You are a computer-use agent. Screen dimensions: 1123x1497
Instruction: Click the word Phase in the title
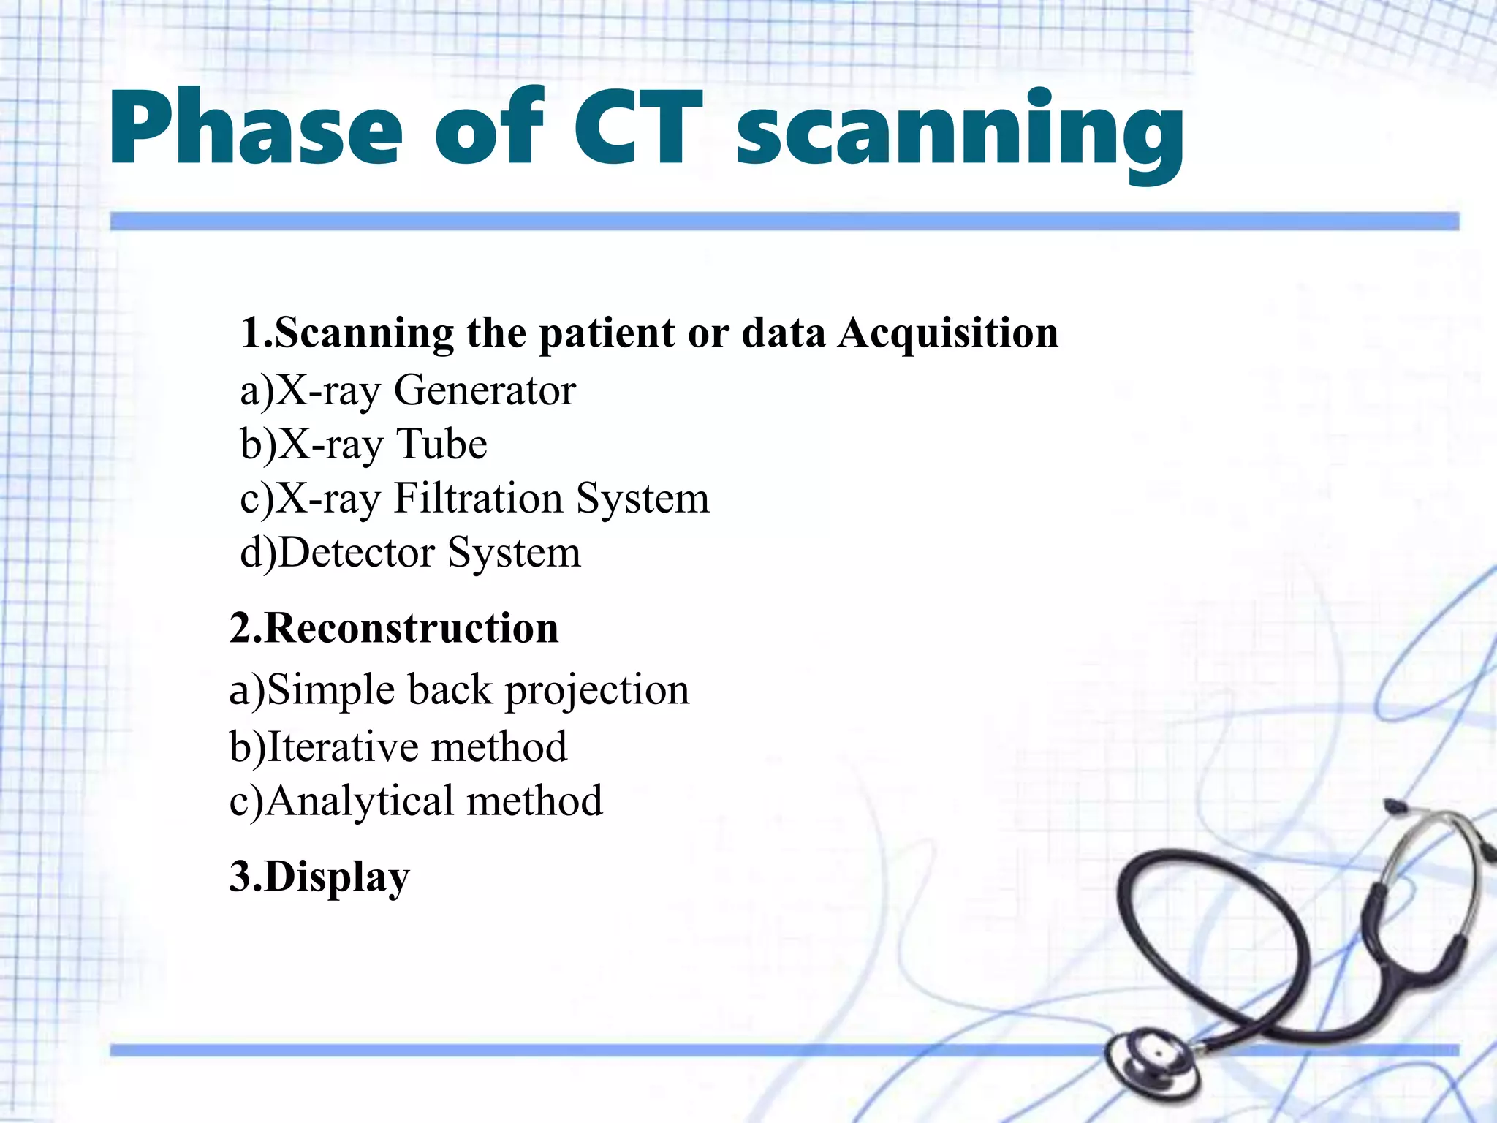pos(256,128)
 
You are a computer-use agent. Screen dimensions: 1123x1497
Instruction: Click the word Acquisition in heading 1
pos(948,334)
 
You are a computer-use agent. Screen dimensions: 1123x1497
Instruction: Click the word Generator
pos(485,390)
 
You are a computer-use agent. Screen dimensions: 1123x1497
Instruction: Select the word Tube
pos(441,444)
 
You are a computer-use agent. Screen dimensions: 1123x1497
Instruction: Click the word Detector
pos(357,553)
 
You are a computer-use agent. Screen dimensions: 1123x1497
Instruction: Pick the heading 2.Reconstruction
pos(394,629)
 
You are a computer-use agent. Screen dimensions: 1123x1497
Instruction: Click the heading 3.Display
pos(319,877)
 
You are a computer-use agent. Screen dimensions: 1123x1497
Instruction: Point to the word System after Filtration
pos(643,499)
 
